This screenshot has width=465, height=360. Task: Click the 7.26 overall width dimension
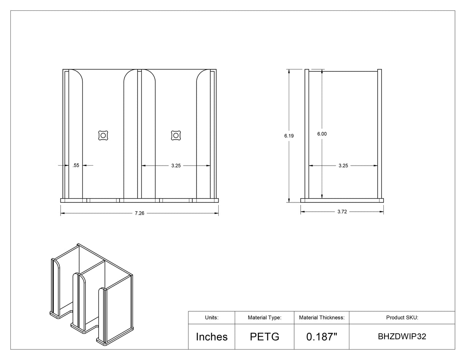coord(139,213)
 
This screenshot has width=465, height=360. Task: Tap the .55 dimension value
coord(76,165)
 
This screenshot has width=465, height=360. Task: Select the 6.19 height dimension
coord(289,136)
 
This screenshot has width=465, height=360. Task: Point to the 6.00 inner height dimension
coord(322,134)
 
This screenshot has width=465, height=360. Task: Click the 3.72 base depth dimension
coord(342,212)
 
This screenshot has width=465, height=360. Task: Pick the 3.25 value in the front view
coord(176,166)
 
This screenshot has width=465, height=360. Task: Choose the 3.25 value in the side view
coord(343,166)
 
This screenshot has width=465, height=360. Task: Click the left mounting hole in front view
coord(103,136)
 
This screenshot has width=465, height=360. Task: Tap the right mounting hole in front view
coord(176,136)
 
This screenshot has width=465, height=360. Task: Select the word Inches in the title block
coord(212,337)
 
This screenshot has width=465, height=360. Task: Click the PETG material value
coord(265,337)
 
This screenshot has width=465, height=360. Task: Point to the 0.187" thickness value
coord(322,337)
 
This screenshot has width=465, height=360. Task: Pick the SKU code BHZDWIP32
coord(402,337)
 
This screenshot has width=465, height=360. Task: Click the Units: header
coord(212,317)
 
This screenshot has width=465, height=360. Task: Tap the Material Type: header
coord(265,317)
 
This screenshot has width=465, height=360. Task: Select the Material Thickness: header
coord(322,317)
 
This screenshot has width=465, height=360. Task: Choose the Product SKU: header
coord(402,317)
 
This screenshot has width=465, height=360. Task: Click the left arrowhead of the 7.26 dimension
coord(63,213)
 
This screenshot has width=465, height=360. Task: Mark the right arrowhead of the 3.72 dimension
coord(381,212)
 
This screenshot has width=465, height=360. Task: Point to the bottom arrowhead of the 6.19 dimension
coord(289,200)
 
